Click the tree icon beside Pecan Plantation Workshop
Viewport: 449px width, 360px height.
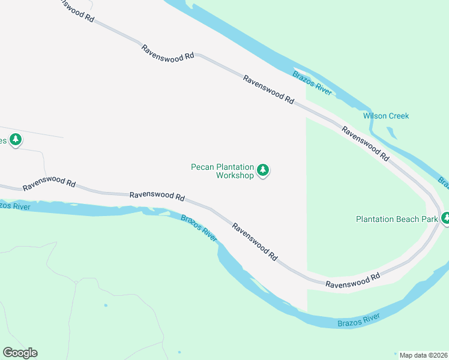(262, 171)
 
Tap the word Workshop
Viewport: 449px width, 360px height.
(235, 176)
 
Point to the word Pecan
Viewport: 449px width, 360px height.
(202, 167)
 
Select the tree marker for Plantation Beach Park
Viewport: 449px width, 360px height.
(445, 218)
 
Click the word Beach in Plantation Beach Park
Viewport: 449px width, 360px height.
(409, 219)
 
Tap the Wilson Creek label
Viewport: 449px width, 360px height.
(386, 116)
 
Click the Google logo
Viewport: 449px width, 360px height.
(20, 353)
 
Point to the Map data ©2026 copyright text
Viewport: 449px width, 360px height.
(423, 355)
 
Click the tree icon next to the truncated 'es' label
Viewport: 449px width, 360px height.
(16, 140)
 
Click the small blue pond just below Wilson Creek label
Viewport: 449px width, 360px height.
(391, 132)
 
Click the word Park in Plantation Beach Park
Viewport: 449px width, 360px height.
(429, 219)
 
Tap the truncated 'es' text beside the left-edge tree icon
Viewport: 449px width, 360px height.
(3, 141)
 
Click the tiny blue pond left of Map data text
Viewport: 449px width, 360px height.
(395, 353)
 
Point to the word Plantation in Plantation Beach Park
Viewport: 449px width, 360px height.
(376, 219)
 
